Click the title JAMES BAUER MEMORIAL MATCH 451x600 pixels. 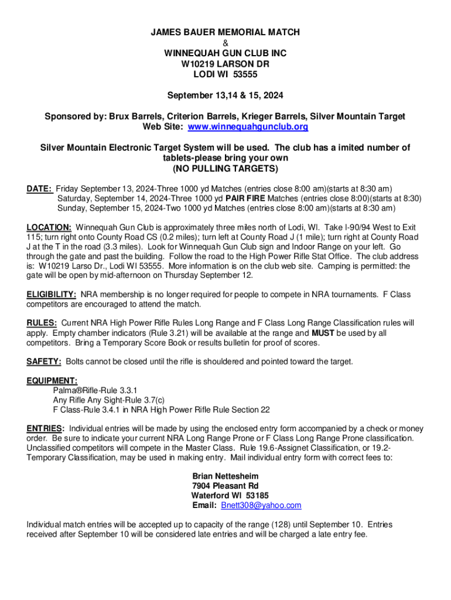pyautogui.click(x=225, y=33)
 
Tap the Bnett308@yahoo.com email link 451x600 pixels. pyautogui.click(x=261, y=505)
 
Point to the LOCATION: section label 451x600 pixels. pyautogui.click(x=49, y=227)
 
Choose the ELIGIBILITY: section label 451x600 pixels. pyautogui.click(x=52, y=294)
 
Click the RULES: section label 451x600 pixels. pyautogui.click(x=42, y=323)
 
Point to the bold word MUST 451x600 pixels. pyautogui.click(x=323, y=333)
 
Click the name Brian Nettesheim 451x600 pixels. pyautogui.click(x=225, y=476)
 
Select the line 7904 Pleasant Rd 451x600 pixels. pyautogui.click(x=225, y=486)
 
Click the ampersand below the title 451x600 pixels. pyautogui.click(x=225, y=43)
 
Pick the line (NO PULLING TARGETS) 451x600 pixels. pyautogui.click(x=225, y=169)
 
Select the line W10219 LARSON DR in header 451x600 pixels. pyautogui.click(x=225, y=64)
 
